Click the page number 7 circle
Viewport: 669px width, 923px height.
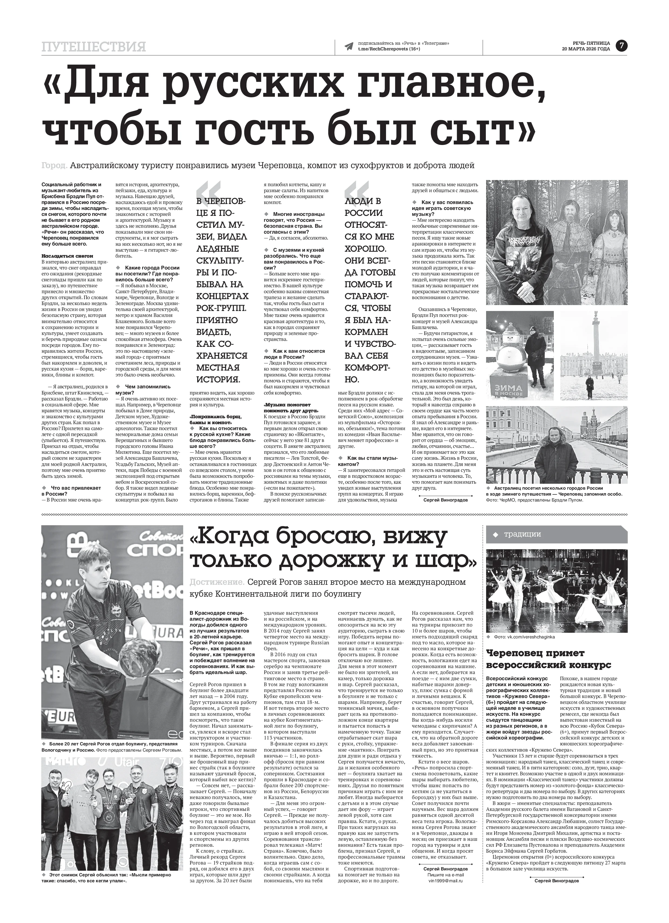[621, 46]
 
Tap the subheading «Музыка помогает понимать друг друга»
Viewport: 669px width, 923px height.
[288, 408]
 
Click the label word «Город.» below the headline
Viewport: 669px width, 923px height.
[54, 166]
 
